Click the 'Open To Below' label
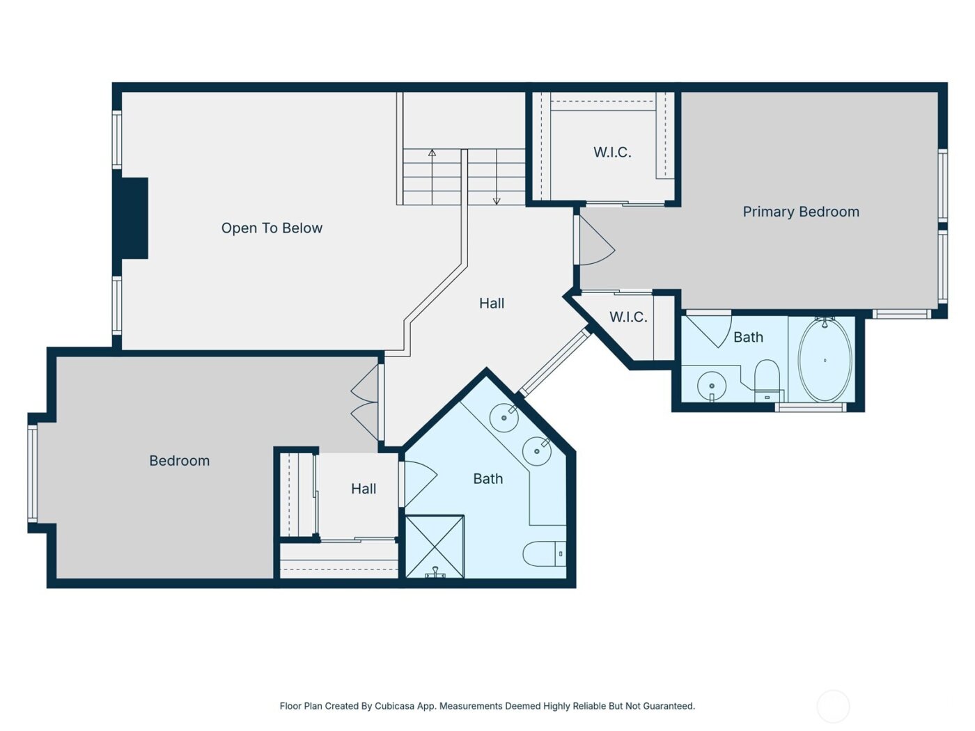click(x=272, y=228)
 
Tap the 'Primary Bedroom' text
click(x=801, y=212)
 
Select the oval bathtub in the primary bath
click(x=825, y=360)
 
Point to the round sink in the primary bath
click(x=712, y=386)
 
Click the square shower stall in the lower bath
click(x=435, y=547)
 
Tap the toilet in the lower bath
click(x=543, y=553)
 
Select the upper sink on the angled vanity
click(x=504, y=417)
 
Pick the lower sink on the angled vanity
click(x=537, y=451)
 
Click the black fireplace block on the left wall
click(x=134, y=219)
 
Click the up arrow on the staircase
click(x=432, y=154)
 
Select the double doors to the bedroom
click(x=366, y=403)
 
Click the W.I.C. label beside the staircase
click(x=612, y=152)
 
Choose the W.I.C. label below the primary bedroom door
click(x=628, y=317)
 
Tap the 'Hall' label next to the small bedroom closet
click(x=364, y=489)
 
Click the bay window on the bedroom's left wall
click(x=32, y=473)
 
